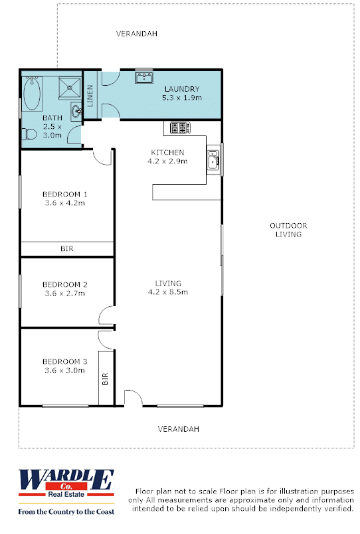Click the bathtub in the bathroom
33,94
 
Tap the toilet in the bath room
30,134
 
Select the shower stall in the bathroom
70,88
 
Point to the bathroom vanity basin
76,111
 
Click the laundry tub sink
144,76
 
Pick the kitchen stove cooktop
180,128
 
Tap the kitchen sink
214,160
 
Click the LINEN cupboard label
90,96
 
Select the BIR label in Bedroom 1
67,248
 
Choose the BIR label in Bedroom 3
105,379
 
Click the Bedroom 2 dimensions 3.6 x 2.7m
64,293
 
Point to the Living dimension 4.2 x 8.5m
168,292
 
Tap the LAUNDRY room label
182,89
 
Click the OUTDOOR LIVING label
288,230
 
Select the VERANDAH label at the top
137,34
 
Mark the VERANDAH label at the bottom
179,429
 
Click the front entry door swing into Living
133,398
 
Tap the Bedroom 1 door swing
103,157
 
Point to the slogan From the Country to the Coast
66,511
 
